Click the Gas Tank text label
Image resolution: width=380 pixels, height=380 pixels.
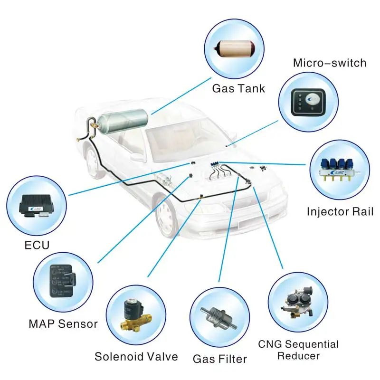tap(238, 88)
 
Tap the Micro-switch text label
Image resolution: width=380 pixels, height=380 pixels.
tap(330, 63)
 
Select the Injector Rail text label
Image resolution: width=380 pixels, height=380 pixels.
tap(340, 211)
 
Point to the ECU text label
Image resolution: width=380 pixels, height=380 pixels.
tap(37, 246)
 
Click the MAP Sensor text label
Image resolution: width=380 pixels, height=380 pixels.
tap(63, 324)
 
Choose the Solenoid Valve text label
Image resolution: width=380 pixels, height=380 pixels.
tap(136, 356)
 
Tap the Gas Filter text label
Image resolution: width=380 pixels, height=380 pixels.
tap(220, 358)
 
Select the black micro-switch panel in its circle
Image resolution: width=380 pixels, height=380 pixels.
tap(308, 100)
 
